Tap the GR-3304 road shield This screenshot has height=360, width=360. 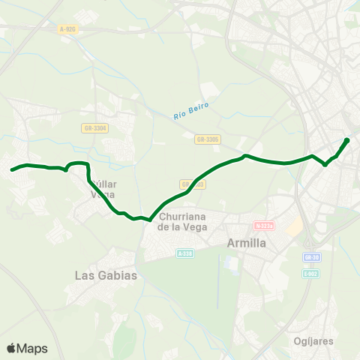click(x=95, y=128)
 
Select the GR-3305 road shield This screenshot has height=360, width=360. click(x=207, y=139)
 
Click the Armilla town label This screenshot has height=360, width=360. click(x=247, y=243)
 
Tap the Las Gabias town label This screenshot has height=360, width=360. click(x=106, y=275)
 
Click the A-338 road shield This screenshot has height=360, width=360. click(x=185, y=253)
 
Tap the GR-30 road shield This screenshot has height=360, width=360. click(x=312, y=257)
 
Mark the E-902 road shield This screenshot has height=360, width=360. click(x=312, y=273)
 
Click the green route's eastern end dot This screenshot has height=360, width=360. click(x=346, y=140)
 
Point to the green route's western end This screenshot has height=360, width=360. click(x=12, y=169)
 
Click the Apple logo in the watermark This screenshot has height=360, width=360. click(x=11, y=348)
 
